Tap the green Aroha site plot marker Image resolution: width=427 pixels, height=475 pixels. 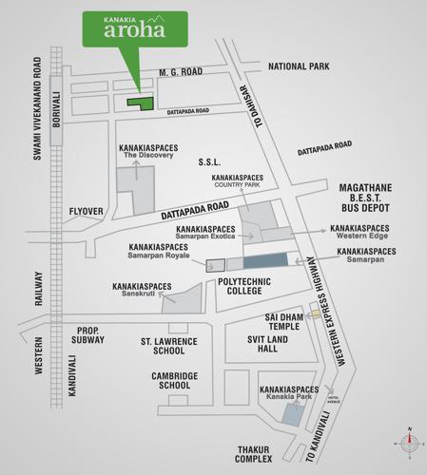(x=142, y=102)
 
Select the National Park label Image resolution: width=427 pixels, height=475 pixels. (x=300, y=66)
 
